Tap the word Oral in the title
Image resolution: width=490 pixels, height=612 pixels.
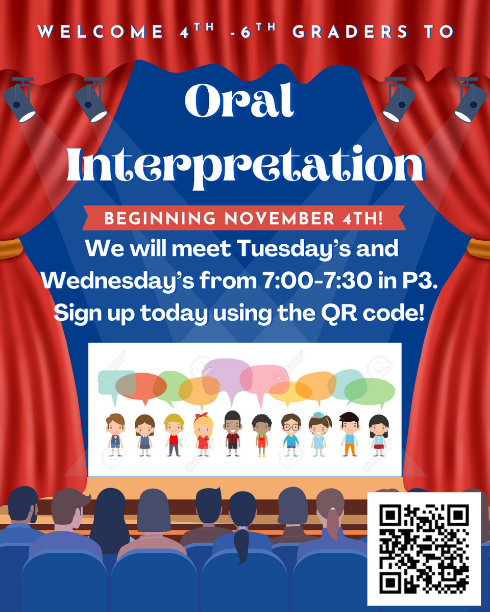click(x=239, y=100)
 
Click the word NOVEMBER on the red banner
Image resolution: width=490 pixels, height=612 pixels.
click(x=279, y=218)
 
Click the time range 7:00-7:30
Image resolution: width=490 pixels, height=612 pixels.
click(x=317, y=280)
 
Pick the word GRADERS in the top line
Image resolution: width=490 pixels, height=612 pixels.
click(x=350, y=32)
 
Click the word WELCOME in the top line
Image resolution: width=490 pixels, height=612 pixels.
click(x=101, y=32)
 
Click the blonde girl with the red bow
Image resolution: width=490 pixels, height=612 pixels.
click(x=203, y=435)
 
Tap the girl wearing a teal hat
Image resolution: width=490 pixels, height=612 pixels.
click(x=320, y=435)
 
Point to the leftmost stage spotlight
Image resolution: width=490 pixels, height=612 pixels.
click(x=19, y=99)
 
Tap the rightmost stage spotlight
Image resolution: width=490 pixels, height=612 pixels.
click(x=471, y=99)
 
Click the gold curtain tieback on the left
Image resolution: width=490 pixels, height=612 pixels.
click(x=11, y=248)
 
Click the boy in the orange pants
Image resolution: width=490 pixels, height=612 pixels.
click(x=349, y=435)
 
